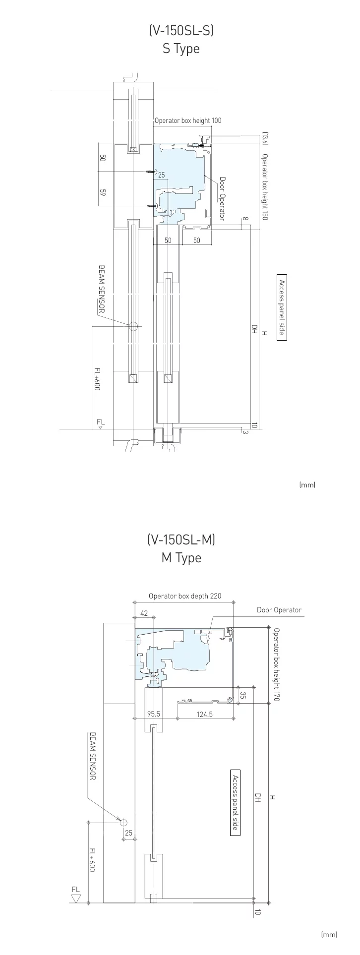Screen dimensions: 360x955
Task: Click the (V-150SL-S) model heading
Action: point(181,31)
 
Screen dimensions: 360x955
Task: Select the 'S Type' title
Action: point(181,49)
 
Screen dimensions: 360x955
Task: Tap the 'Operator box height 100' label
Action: point(188,120)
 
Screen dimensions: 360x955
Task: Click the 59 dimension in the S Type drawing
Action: point(103,192)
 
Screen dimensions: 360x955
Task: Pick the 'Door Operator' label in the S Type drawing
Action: point(222,199)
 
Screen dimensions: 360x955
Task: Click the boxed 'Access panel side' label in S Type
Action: point(282,307)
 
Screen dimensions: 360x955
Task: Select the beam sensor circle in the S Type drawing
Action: point(132,326)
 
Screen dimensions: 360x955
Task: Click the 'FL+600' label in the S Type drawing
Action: point(97,379)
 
